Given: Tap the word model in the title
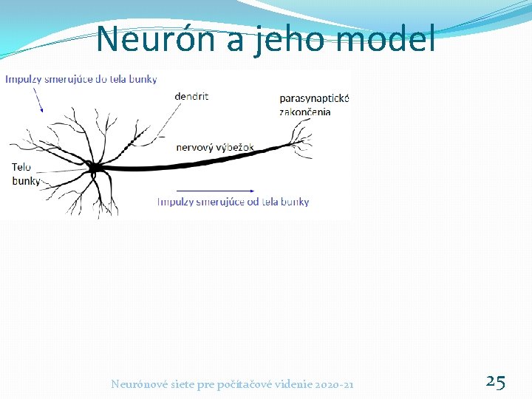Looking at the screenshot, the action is pos(386,39).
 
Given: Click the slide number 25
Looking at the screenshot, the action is pos(495,381).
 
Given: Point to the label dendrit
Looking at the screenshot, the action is pos(192,96).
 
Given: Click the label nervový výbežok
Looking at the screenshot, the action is pos(215,147).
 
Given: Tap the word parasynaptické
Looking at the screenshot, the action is pos(314,98).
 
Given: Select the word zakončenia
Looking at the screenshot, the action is pos(305,112).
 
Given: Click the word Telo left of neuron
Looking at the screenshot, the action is pos(21,167).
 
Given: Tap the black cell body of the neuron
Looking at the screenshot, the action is pos(94,168).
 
